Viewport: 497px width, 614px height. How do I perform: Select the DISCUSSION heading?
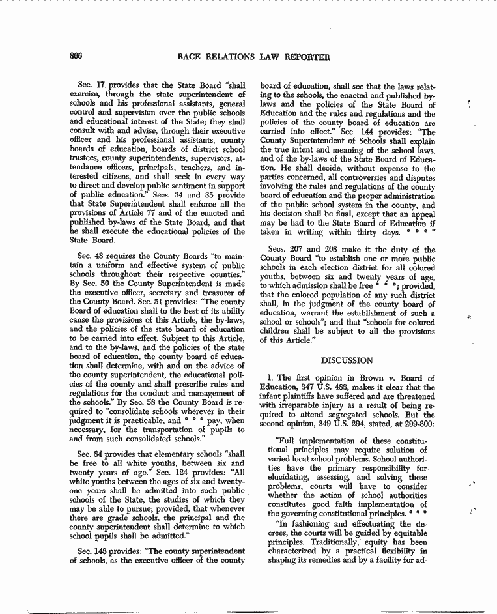click(x=347, y=360)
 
